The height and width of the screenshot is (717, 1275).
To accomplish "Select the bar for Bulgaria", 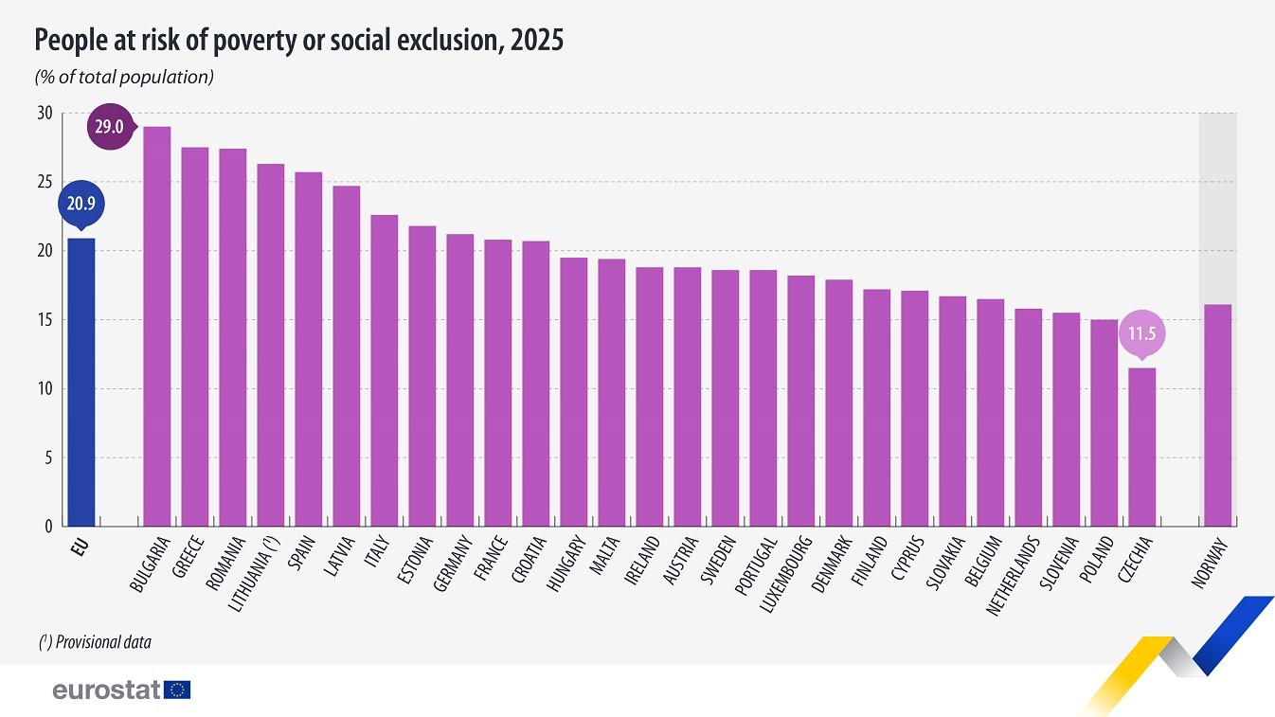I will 156,327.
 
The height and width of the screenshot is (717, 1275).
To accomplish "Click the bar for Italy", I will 384,370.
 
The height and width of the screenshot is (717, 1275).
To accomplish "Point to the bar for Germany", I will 459,380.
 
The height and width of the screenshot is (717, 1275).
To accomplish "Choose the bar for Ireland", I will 649,397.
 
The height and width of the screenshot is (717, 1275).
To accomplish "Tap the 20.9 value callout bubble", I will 81,202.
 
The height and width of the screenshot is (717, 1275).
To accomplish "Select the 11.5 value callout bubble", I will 1141,333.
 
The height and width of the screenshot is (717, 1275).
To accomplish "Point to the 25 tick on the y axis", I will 45,182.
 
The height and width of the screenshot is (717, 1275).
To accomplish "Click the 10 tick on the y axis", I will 45,389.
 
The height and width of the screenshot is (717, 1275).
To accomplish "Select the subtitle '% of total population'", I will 124,78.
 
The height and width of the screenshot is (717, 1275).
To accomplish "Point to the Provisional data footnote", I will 95,642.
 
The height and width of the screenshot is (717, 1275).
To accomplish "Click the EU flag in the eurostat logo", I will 177,690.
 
